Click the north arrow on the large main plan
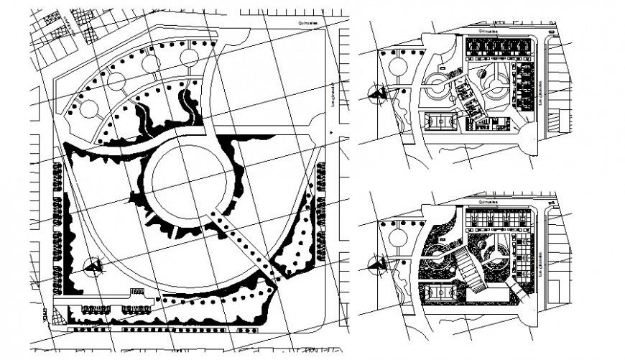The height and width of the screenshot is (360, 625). tap(92, 267)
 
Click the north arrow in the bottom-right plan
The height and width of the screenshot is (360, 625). tap(376, 265)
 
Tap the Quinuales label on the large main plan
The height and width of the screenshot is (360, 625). tap(311, 22)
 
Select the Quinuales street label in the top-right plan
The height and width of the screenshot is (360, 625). tap(491, 31)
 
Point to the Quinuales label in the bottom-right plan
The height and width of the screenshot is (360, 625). tap(490, 203)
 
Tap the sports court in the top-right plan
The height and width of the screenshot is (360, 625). tap(440, 122)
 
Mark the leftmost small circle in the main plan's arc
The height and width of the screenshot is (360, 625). tap(89, 109)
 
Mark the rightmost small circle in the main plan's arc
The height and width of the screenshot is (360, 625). tap(190, 57)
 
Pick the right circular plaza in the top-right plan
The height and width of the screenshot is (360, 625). tap(495, 90)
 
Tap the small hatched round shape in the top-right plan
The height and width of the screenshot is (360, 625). tap(482, 72)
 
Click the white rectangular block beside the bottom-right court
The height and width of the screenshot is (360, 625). tap(476, 294)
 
